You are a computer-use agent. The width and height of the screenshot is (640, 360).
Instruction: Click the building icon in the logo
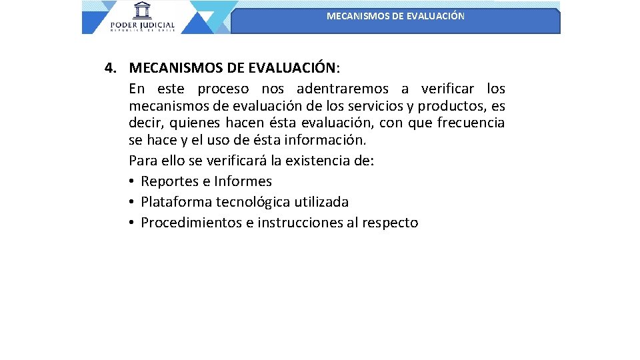[141, 11]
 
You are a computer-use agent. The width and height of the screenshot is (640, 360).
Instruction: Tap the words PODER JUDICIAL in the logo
[142, 24]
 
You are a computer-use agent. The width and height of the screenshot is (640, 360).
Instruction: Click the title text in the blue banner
[395, 16]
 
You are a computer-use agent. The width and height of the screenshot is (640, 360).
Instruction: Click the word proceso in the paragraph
[223, 89]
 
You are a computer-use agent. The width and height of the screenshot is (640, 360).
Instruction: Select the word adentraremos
[343, 89]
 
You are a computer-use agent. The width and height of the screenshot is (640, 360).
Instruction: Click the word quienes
[195, 123]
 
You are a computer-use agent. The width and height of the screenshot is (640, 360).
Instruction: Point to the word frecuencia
[471, 123]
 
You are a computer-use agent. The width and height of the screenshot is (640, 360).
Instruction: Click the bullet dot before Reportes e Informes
[133, 181]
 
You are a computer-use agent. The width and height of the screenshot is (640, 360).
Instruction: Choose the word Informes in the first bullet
[243, 181]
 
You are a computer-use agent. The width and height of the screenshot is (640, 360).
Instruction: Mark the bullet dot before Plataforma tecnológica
[133, 202]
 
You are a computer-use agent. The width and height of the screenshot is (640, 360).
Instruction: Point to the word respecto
[390, 223]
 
